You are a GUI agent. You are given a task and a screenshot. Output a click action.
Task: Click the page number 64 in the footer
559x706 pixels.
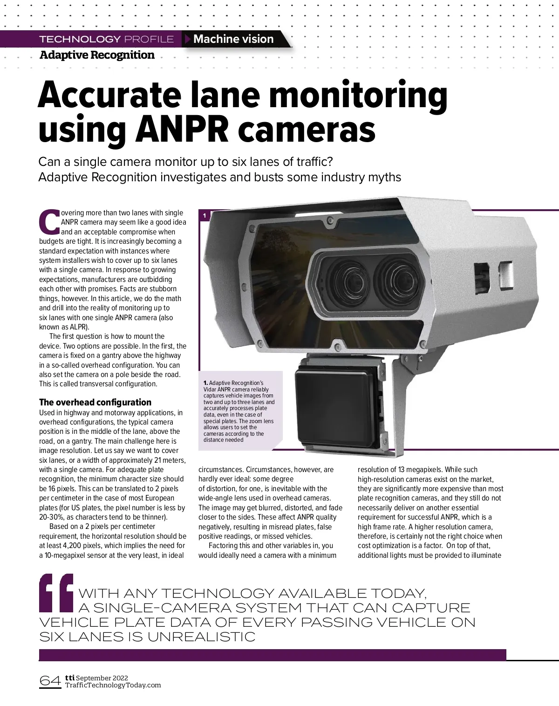point(50,681)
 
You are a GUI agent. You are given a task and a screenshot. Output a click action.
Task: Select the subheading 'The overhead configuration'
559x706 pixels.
point(95,402)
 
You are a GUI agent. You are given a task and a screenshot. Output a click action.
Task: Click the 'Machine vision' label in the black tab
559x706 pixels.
point(233,39)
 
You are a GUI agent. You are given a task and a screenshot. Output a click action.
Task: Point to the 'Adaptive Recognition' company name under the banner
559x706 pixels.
point(97,55)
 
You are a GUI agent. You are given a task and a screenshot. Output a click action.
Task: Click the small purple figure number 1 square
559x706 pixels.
point(204,216)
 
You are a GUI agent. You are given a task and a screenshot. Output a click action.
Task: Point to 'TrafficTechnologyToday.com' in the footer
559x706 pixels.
point(113,685)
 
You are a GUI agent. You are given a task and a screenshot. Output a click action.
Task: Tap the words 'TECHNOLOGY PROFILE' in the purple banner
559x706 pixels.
point(106,39)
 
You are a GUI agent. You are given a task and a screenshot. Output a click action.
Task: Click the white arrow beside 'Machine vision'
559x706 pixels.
point(188,39)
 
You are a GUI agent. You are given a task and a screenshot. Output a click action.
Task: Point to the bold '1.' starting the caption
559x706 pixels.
point(205,384)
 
